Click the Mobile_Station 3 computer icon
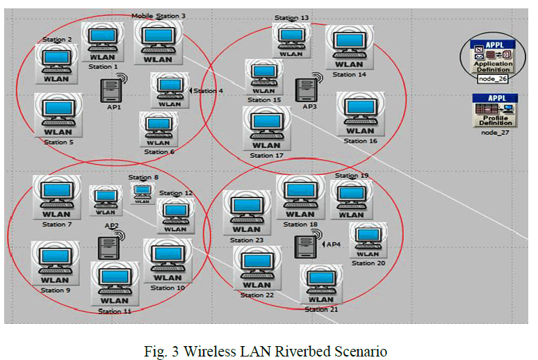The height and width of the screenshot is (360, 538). point(158,42)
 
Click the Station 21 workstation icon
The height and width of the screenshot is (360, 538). point(321,284)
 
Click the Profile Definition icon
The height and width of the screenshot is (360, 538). point(495,110)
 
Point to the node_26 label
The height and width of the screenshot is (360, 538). point(492,79)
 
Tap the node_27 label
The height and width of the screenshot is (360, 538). point(495,132)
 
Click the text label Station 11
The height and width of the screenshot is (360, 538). point(115,311)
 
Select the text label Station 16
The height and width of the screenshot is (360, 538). point(360,141)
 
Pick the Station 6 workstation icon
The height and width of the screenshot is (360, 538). point(159,129)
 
